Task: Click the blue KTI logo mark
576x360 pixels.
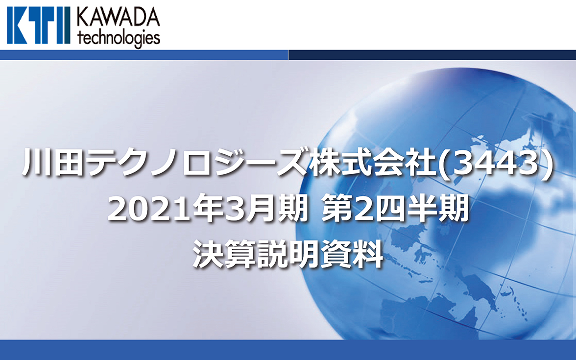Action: (x=39, y=25)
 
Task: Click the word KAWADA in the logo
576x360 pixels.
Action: (x=119, y=18)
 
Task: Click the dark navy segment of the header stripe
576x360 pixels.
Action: (x=432, y=55)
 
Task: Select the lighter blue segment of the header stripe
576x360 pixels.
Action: (x=144, y=55)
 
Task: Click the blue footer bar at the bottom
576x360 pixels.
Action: (x=288, y=350)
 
